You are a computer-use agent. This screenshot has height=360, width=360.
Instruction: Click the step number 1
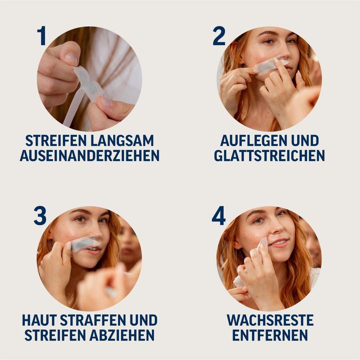click(41, 36)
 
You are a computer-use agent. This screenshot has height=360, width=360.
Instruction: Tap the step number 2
click(219, 36)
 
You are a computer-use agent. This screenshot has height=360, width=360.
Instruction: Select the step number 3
click(40, 215)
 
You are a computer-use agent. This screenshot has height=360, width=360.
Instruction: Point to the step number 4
click(219, 215)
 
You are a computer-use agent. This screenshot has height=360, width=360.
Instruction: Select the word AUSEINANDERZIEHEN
click(89, 156)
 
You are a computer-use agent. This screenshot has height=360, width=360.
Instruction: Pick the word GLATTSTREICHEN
click(269, 156)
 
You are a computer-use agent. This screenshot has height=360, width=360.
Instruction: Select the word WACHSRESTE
click(269, 320)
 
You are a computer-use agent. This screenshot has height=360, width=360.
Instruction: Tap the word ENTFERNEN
click(269, 335)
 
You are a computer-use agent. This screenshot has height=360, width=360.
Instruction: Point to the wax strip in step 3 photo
click(84, 244)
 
